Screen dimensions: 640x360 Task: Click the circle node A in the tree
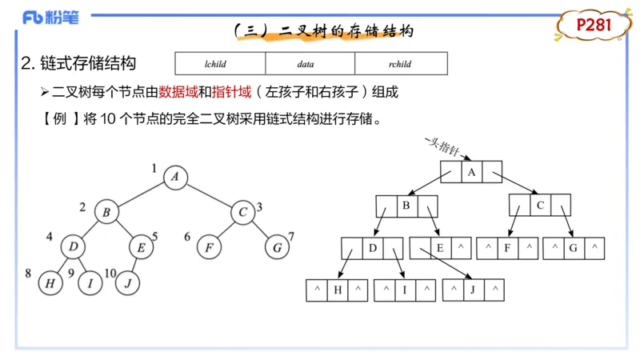coord(174,177)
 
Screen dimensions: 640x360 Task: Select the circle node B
coord(106,212)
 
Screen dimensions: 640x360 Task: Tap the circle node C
coord(242,212)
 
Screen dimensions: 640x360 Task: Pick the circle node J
coord(128,282)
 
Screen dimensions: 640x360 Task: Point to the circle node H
coord(51,282)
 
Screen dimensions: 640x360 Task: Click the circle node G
coord(277,247)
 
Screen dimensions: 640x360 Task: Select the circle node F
coord(208,247)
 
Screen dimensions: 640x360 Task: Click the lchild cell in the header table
coord(220,63)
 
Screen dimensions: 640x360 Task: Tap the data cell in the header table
coord(310,63)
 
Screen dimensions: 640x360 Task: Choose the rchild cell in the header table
coord(401,63)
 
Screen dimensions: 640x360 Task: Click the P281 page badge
coord(594,26)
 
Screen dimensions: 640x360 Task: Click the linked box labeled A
coord(471,172)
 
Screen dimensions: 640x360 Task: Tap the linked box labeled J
coord(474,290)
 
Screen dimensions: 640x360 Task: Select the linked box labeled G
coord(573,248)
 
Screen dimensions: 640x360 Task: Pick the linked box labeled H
coord(337,290)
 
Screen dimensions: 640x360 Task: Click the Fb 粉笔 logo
coord(50,18)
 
